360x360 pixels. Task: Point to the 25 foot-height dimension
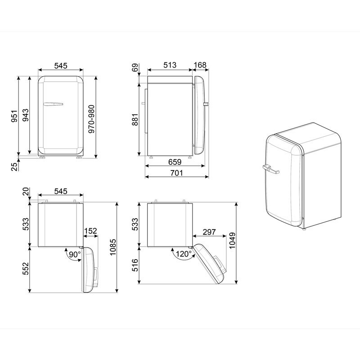14,166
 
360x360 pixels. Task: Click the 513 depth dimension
170,66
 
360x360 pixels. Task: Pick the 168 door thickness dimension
200,66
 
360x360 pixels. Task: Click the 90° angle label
74,254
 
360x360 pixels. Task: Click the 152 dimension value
90,231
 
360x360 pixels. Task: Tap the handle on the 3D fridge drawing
269,169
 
